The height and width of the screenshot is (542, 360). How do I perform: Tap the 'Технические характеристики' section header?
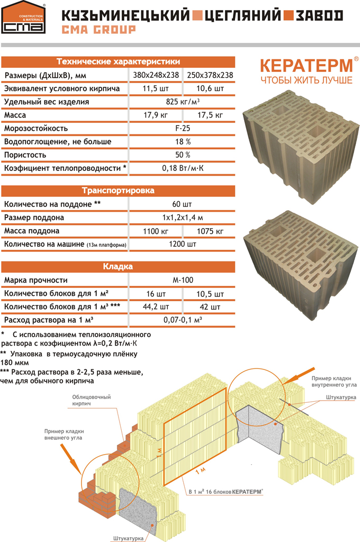click(118, 61)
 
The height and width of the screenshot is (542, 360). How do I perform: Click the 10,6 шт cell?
click(210, 88)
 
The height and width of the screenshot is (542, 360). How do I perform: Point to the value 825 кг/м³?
click(182, 102)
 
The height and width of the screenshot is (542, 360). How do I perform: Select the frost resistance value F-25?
click(182, 128)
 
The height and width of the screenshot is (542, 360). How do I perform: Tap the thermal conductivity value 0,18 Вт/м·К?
click(182, 168)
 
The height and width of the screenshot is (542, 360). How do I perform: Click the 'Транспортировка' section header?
click(118, 190)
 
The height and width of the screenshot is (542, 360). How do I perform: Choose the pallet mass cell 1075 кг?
click(210, 231)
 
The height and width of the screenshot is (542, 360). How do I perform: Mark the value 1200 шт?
click(182, 245)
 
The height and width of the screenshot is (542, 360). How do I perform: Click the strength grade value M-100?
click(182, 280)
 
